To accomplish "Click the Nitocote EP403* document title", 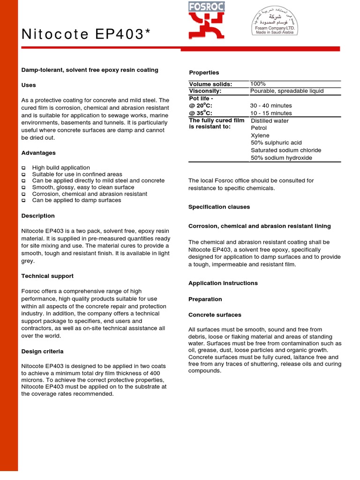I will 85,34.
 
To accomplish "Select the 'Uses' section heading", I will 29,85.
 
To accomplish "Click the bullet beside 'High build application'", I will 23,168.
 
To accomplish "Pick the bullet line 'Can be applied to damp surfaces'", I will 76,200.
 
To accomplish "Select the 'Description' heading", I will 38,216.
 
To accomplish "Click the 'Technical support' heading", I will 47,276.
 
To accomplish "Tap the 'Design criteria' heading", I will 43,351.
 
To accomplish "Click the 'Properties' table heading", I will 204,73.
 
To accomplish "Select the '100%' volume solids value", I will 258,84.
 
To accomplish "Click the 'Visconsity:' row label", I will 205,91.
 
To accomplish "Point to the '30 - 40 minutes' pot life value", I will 271,106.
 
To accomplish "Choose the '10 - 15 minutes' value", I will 271,113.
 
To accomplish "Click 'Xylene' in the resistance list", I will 260,135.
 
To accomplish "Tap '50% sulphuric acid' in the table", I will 276,142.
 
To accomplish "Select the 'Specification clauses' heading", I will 219,207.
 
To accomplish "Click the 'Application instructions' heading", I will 223,283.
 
